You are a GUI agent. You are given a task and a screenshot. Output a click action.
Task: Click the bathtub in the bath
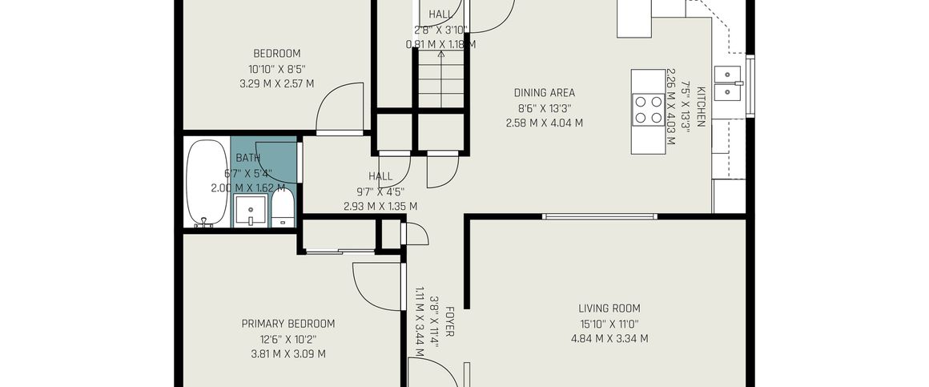coord(206,183)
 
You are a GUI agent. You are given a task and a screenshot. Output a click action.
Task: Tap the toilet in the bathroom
coord(283,208)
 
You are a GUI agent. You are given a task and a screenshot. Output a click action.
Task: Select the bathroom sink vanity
coord(250,211)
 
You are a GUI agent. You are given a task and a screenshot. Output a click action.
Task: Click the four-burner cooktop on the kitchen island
coord(648,110)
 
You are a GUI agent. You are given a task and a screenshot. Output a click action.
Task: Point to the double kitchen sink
coord(727,83)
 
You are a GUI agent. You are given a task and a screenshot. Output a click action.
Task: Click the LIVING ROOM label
coord(609,308)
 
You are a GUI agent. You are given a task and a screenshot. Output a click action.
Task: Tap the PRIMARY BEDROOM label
coord(288,324)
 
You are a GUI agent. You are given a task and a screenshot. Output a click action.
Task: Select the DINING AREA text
coord(544,92)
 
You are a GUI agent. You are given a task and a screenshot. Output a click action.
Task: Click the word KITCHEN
coord(701,107)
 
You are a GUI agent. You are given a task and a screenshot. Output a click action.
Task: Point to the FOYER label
coord(450,322)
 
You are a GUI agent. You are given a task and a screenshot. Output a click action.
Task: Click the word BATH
coord(247,158)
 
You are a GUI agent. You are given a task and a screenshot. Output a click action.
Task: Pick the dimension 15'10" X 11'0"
coord(609,324)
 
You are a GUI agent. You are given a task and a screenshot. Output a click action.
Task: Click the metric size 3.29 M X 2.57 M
coord(276,83)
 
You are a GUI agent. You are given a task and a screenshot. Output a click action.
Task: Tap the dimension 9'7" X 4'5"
coord(380,191)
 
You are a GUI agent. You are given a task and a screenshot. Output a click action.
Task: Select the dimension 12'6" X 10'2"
coord(288,340)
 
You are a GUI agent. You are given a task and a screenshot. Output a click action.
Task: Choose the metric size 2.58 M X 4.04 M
coord(544,123)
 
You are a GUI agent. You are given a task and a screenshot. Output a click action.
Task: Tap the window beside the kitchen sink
coord(750,86)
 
